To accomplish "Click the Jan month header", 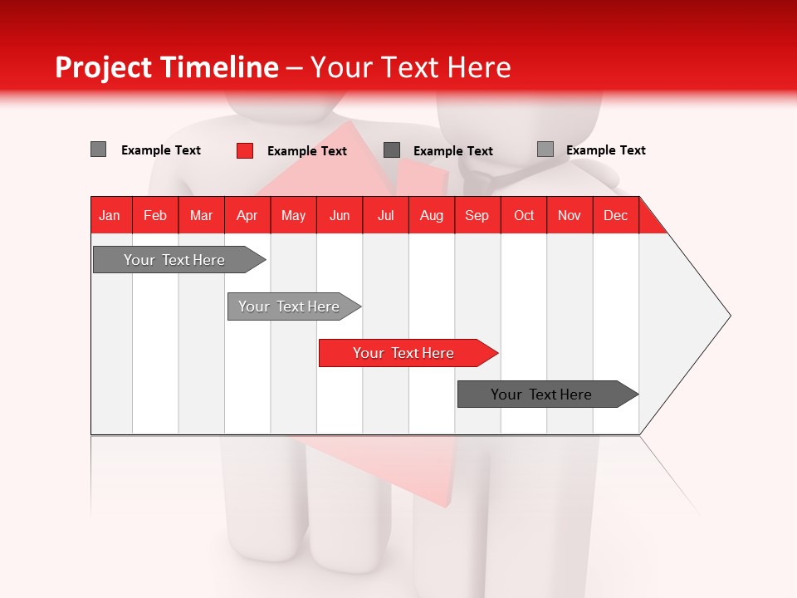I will coord(110,215).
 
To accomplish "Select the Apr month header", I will coord(247,215).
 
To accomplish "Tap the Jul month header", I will coord(385,215).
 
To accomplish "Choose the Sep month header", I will coord(477,215).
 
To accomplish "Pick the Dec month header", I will coord(615,215).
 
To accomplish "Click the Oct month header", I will coord(524,215).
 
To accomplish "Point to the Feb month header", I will coord(155,215).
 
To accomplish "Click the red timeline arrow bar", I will coord(404,353).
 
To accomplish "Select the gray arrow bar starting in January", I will coord(175,260).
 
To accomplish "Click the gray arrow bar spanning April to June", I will coord(290,306).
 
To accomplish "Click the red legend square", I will coord(245,150).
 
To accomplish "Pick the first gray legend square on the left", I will coord(98,149).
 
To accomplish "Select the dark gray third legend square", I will coord(392,150).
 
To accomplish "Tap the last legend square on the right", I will coord(545,149).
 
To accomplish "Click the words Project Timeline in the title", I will coord(166,67).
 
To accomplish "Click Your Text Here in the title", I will coord(410,67).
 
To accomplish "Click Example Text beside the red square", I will coord(306,151).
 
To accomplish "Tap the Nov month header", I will coord(570,215).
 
